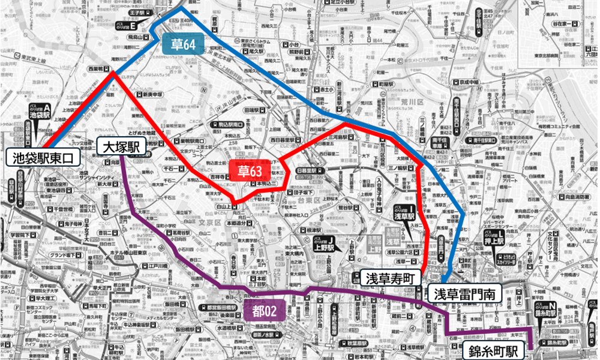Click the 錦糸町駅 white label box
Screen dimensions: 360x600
490,349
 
